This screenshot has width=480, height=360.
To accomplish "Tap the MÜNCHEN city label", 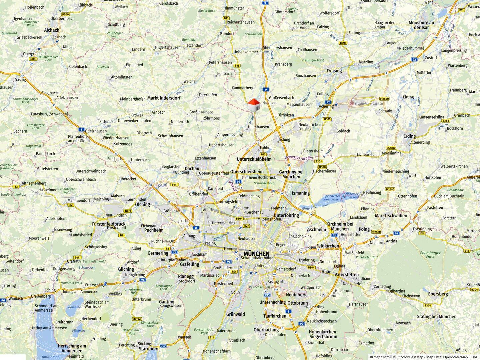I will point(256,254).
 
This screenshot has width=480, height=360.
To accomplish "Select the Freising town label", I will point(334,71).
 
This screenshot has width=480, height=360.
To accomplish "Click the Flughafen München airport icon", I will point(352,104).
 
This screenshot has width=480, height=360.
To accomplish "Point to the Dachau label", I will point(192,169).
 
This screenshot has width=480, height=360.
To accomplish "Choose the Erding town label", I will point(409,136).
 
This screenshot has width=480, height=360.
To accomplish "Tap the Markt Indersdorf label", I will point(164,98).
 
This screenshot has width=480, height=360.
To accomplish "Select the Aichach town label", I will point(52,30).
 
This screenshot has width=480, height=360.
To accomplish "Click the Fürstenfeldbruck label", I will point(109,224).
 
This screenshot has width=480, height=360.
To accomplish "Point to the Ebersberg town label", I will point(438,294).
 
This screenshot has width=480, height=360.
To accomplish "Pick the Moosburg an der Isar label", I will point(421,25).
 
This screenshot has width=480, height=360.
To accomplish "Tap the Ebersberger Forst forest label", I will point(430,255).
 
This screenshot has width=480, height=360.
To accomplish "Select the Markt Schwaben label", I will point(391,216).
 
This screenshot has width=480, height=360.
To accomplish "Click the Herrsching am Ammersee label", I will point(72,348).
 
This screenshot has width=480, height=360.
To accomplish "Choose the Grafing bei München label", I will point(436,317).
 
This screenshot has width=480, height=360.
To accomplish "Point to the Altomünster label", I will point(121,77).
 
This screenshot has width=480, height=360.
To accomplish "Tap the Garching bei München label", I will point(291,174).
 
